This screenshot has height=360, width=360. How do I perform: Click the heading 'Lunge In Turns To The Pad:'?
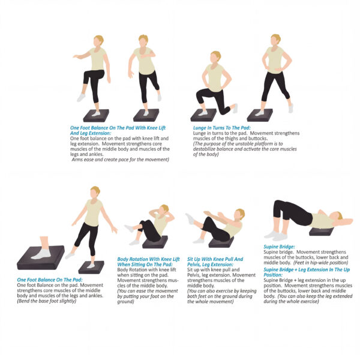[222, 128]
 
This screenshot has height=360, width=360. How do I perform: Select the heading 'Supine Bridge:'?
[279, 247]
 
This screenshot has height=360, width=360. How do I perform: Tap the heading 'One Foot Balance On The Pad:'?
[50, 280]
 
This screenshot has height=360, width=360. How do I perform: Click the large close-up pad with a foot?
[41, 257]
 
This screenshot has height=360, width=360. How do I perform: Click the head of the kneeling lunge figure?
[215, 57]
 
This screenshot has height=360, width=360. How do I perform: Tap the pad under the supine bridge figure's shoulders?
[321, 232]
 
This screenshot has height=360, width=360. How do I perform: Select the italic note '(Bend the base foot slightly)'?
[46, 301]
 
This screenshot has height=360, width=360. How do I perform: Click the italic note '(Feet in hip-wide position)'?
[321, 263]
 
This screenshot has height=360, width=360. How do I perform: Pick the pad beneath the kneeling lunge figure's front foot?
[203, 115]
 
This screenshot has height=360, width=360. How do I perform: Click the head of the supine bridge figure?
[337, 216]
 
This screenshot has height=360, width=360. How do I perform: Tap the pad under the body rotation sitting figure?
[155, 242]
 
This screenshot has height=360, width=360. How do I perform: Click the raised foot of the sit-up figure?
[190, 218]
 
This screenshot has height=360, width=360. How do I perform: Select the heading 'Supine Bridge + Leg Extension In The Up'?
[307, 270]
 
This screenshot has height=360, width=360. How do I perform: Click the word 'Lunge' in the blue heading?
[200, 128]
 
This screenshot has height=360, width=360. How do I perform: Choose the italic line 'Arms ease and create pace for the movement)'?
[121, 160]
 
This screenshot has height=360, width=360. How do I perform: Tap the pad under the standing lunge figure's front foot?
[260, 115]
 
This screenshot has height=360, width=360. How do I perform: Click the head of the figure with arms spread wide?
[95, 193]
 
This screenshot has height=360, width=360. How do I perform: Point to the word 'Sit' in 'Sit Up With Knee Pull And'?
[190, 259]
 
